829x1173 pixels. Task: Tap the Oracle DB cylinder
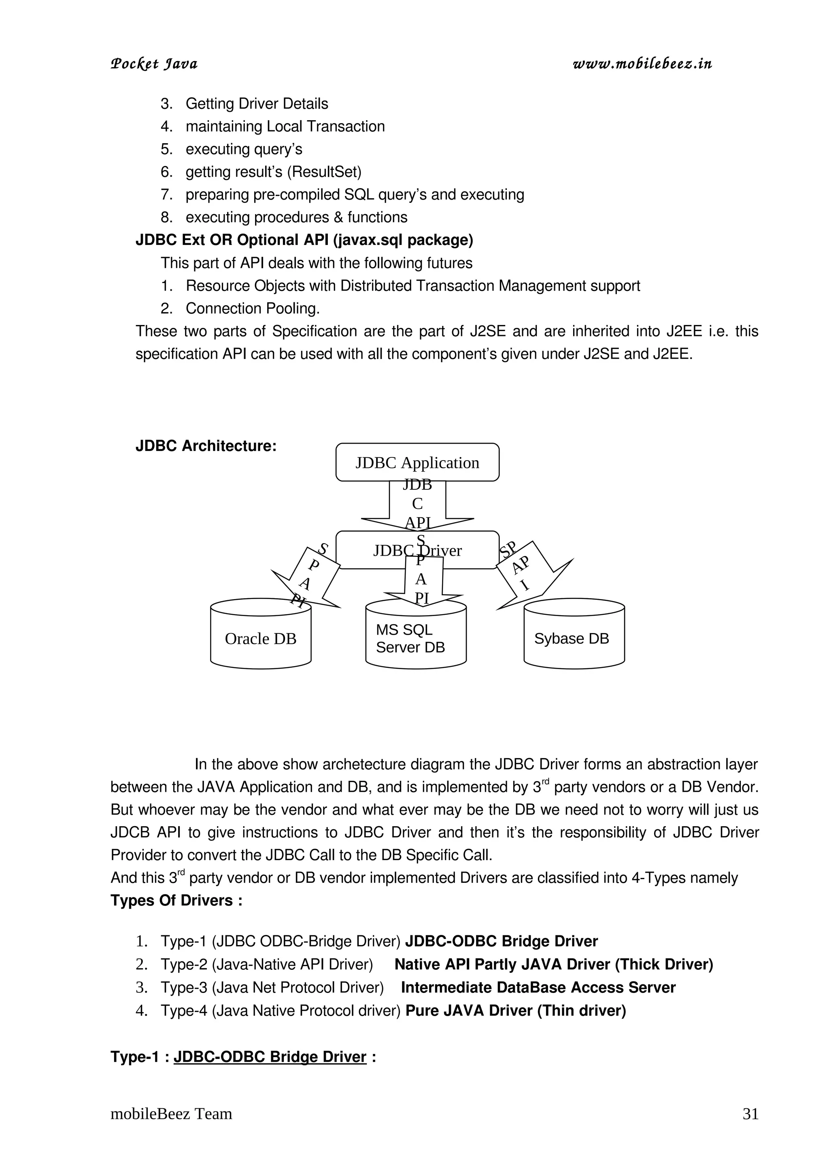click(261, 639)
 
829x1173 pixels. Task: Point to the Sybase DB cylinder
click(574, 639)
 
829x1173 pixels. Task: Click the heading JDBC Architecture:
click(206, 446)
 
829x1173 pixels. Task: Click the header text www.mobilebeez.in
click(642, 64)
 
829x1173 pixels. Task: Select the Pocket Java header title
click(154, 64)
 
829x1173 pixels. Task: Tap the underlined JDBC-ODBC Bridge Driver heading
click(270, 1056)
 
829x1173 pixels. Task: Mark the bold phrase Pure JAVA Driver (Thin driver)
click(515, 1011)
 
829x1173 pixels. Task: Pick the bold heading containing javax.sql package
click(304, 240)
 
